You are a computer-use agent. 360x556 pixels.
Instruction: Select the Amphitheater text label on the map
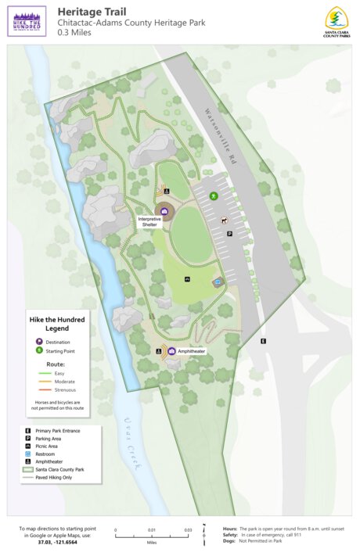pos(191,352)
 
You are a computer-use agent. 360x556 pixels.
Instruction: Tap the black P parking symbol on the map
pos(229,233)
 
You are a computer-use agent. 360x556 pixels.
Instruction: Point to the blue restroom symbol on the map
pos(218,282)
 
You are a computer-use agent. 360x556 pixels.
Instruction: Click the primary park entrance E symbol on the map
pos(264,341)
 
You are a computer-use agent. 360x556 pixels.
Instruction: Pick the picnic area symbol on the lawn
pos(188,278)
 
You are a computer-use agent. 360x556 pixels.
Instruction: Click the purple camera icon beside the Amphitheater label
pos(171,352)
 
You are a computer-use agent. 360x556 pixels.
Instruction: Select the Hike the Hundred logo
pos(27,21)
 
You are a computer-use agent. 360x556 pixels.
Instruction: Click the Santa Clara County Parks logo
pos(337,21)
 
